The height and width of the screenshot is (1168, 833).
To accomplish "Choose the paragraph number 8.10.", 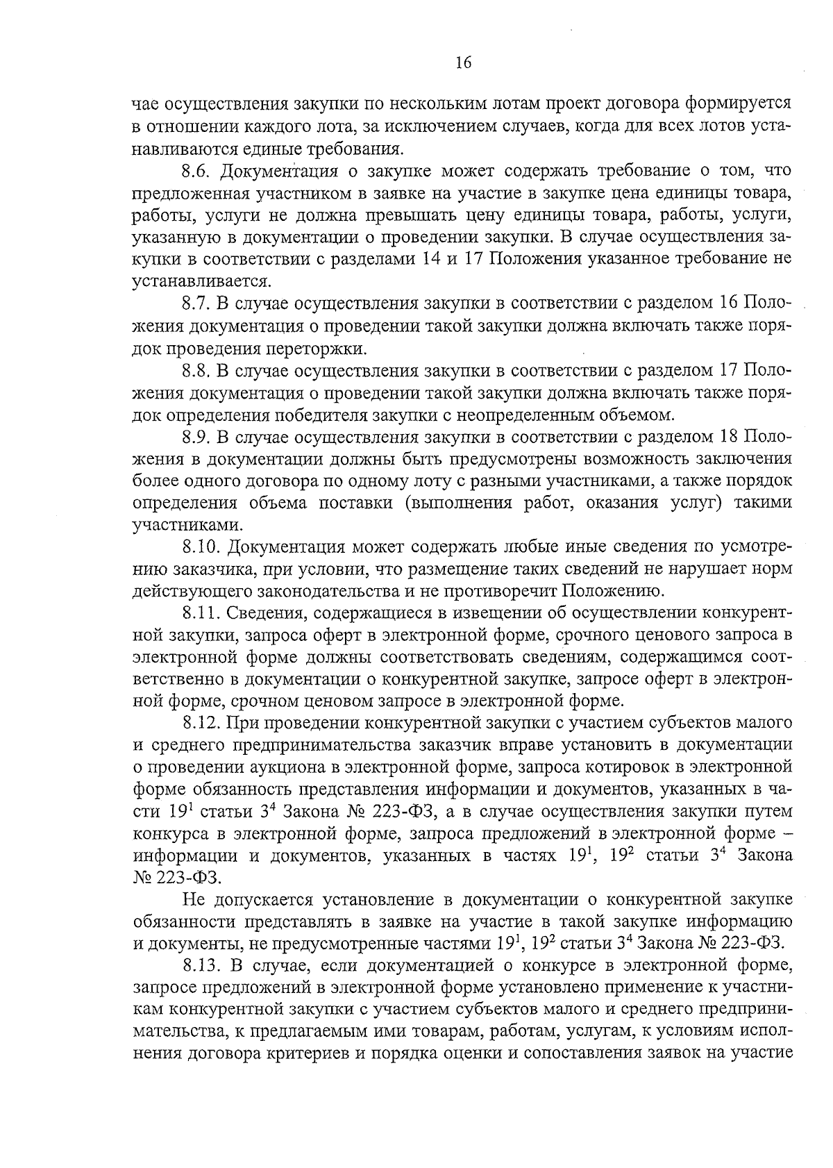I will coord(201,548).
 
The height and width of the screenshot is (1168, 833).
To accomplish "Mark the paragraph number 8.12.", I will coord(201,724).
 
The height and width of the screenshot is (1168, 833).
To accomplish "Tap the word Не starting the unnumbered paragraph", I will coord(194,900).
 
